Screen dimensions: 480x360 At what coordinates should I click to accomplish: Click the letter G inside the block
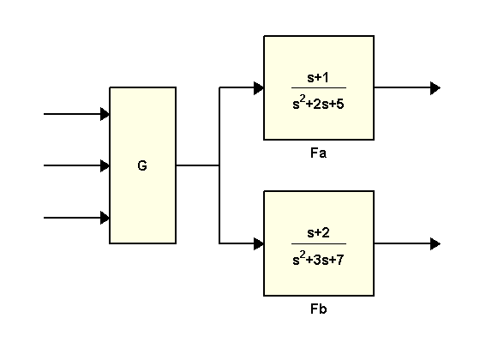tap(142, 165)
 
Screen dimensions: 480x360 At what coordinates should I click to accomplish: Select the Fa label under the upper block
tap(318, 153)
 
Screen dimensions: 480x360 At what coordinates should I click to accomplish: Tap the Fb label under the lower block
tap(318, 309)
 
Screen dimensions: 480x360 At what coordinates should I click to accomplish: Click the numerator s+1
tap(318, 77)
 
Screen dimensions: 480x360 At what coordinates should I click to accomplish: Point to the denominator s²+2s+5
tap(318, 103)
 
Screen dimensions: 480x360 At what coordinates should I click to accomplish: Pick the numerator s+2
tap(318, 233)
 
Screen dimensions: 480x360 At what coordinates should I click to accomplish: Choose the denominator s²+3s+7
tap(318, 258)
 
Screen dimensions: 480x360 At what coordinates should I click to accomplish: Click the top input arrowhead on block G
tap(105, 114)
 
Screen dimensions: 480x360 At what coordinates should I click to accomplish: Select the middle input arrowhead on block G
tap(105, 165)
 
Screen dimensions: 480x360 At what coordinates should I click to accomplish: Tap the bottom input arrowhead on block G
tap(105, 218)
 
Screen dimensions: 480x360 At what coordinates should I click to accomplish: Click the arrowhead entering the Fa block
tap(259, 87)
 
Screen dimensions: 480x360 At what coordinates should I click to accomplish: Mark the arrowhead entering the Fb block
tap(259, 243)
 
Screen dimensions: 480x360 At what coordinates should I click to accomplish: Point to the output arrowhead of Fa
tap(435, 88)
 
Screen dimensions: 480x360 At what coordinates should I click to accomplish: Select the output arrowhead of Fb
tap(435, 243)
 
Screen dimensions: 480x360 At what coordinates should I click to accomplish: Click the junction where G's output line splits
tap(219, 165)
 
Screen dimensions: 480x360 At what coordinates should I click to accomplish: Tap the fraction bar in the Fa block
tap(319, 87)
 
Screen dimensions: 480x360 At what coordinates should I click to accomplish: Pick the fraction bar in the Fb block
tap(319, 243)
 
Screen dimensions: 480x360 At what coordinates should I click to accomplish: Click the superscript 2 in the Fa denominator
tap(303, 99)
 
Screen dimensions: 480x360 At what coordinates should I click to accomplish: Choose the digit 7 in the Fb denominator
tap(340, 260)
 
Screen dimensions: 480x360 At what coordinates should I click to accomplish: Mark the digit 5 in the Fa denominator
tap(340, 104)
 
